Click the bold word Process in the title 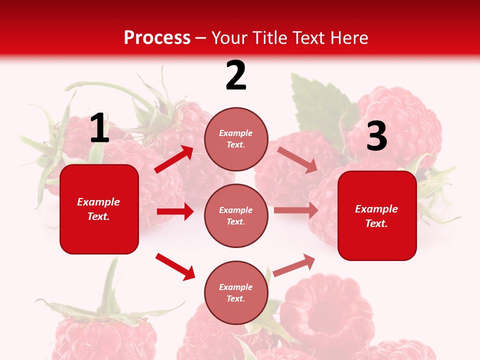tap(157, 38)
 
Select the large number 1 tap(99, 129)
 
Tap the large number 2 tap(236, 76)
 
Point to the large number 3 tap(376, 137)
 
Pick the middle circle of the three tap(236, 216)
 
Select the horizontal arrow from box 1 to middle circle tap(175, 211)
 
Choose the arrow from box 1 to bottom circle tap(175, 266)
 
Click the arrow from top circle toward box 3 tap(297, 159)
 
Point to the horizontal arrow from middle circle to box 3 tap(295, 210)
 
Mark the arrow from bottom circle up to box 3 tap(294, 265)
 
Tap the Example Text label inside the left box tap(98, 209)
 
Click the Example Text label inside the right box tap(376, 216)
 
